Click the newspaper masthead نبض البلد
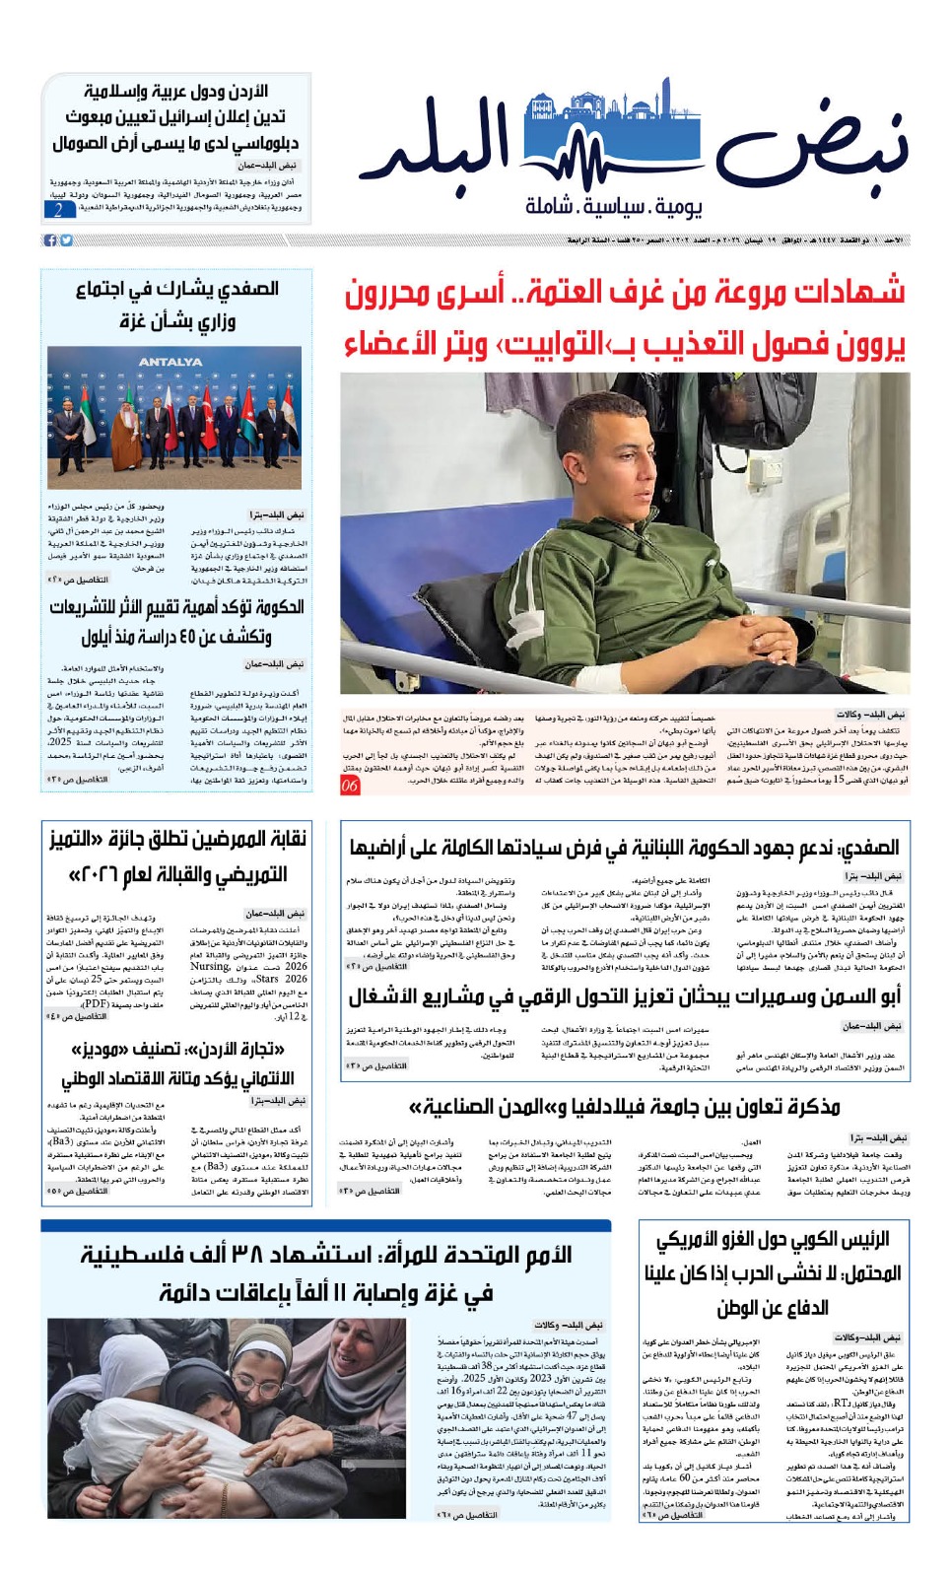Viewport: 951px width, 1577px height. [x=645, y=148]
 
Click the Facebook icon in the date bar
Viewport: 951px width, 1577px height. [x=50, y=240]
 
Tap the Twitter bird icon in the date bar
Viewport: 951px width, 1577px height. [x=66, y=240]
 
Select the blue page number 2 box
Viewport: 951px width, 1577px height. [x=59, y=209]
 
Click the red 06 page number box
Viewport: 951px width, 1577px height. [x=350, y=786]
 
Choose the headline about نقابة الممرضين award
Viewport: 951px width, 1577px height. [x=177, y=856]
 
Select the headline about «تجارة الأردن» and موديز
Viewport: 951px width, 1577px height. [x=177, y=1063]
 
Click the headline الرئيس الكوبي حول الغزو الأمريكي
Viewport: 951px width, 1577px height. [x=773, y=1272]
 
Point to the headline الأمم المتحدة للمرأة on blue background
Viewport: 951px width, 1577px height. [x=325, y=1273]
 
